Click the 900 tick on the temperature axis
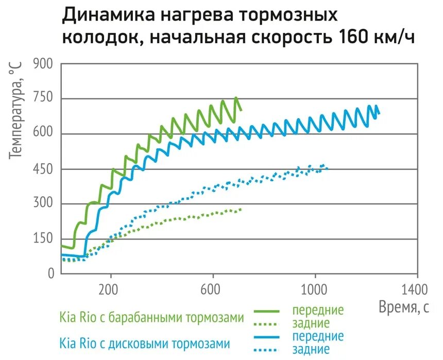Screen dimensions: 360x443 (43, 64)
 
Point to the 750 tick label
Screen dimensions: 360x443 (43, 99)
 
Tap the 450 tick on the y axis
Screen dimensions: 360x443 (43, 169)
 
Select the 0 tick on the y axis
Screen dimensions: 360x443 (50, 274)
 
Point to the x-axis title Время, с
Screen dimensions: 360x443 (404, 307)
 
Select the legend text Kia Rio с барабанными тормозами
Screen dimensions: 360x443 (151, 318)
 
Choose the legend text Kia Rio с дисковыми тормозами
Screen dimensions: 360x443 (145, 343)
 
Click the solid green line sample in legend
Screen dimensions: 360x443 (267, 312)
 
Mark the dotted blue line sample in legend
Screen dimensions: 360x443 (267, 350)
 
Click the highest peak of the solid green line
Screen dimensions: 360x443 (236, 97)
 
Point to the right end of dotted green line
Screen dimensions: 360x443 (241, 209)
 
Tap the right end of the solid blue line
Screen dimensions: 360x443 (380, 113)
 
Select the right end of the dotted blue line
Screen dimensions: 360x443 (327, 168)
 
